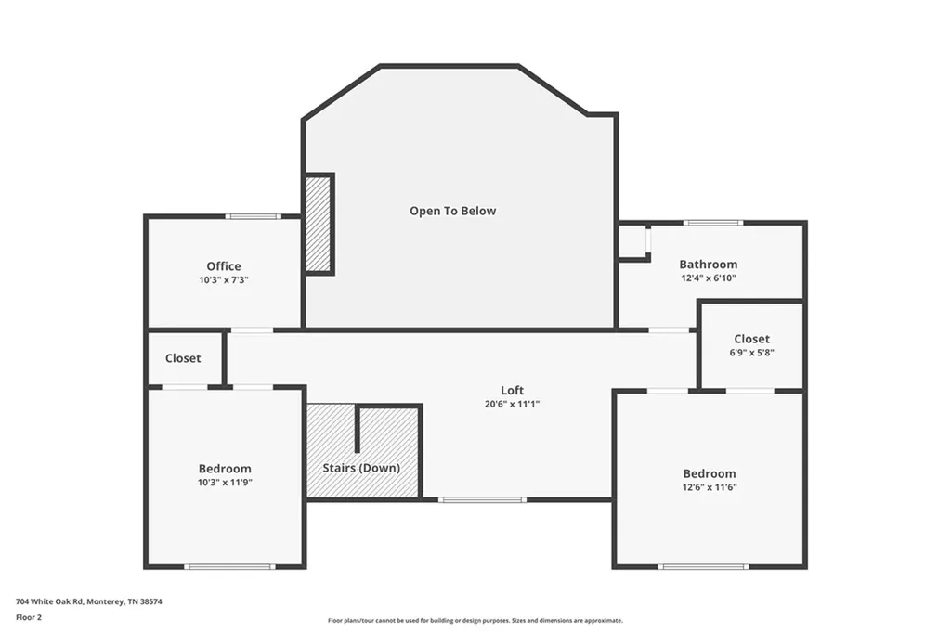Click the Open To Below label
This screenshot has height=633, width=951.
point(452,211)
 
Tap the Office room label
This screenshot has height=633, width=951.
point(224,266)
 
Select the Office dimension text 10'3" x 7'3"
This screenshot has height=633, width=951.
point(224,280)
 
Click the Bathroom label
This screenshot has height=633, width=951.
point(709,265)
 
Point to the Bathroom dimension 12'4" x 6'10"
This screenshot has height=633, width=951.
point(709,278)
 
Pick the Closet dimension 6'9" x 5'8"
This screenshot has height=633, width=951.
point(752,353)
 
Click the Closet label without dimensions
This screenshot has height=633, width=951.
point(183,358)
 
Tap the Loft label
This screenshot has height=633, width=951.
point(512,391)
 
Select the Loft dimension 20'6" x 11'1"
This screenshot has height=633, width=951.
point(512,405)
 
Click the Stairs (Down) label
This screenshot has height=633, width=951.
point(361,468)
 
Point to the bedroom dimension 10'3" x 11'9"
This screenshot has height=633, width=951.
point(225,483)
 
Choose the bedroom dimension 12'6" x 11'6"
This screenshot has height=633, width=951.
point(709,487)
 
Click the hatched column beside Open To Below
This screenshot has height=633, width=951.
point(318,224)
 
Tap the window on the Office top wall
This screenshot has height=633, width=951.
point(254,216)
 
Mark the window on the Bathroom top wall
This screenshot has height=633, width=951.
point(712,223)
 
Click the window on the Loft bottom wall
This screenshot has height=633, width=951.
point(482,499)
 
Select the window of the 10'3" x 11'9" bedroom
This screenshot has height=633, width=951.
point(230,567)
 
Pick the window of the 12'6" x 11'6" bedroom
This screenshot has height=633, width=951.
point(704,567)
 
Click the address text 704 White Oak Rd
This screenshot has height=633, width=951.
point(49,602)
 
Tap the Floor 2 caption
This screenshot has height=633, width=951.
point(29,618)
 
